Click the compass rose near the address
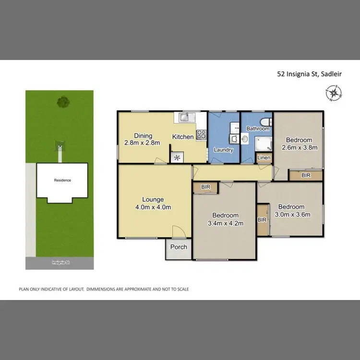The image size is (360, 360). point(333,93)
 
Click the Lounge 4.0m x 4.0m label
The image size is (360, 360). point(153,204)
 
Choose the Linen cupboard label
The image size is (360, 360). point(264,158)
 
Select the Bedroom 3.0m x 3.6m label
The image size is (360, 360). point(292,211)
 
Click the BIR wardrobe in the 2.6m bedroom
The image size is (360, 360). point(306,176)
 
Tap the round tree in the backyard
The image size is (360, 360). point(62,102)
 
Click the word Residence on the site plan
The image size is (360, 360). point(62,180)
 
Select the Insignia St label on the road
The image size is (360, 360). point(61,263)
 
